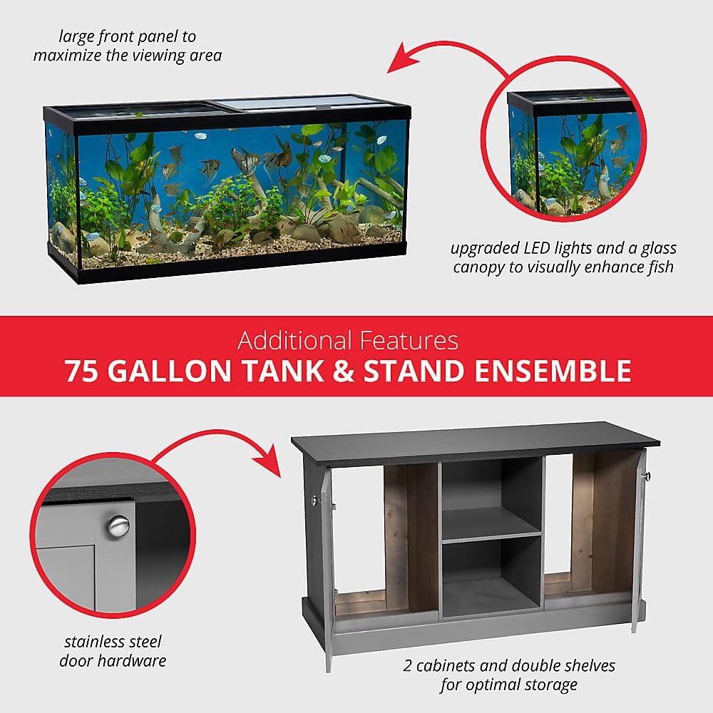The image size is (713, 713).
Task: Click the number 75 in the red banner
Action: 82,371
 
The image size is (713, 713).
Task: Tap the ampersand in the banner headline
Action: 344,371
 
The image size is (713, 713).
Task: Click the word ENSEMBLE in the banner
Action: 553,371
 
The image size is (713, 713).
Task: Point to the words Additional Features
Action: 348,340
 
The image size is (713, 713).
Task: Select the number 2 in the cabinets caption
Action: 407,666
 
